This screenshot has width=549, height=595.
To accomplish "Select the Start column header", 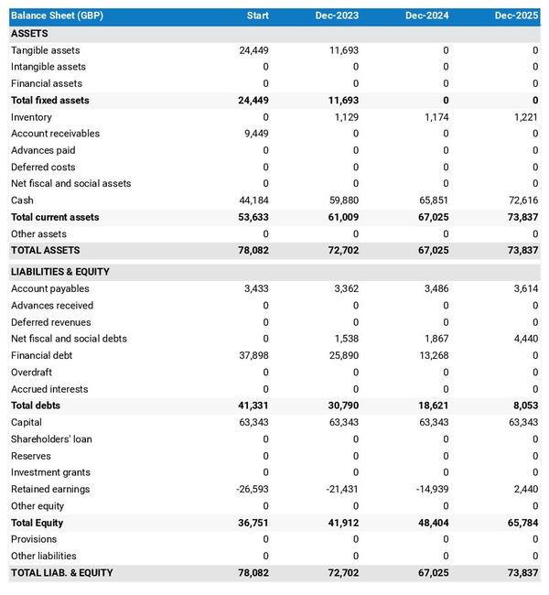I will [257, 16].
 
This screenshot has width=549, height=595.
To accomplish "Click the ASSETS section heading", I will [30, 33].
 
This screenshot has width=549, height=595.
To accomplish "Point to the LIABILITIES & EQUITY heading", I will [60, 272].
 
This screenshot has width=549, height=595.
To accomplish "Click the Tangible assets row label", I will [46, 50].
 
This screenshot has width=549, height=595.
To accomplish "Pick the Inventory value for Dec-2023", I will [344, 117].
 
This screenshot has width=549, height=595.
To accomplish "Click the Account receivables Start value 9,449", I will [253, 134].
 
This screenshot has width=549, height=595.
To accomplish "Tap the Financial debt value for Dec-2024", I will [434, 355].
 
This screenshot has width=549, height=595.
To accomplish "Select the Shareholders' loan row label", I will [51, 439].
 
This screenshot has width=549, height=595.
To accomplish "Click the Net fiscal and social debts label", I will [69, 339].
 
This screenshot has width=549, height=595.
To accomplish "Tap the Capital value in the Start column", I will [252, 422].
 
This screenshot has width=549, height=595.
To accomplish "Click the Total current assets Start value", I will [252, 217].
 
